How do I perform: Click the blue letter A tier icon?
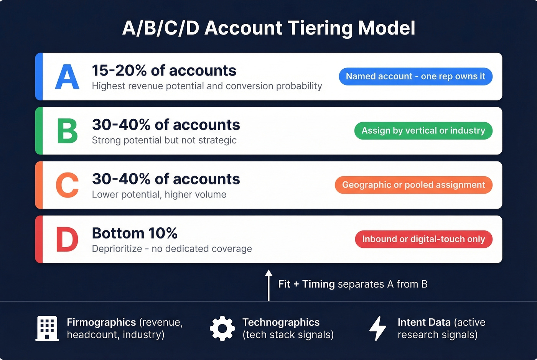pyautogui.click(x=67, y=77)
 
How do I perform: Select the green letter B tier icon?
pyautogui.click(x=67, y=131)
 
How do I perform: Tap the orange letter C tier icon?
pyautogui.click(x=67, y=185)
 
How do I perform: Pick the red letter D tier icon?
pyautogui.click(x=67, y=239)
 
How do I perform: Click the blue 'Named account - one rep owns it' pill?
pyautogui.click(x=415, y=76)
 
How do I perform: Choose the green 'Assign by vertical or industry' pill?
pyautogui.click(x=423, y=131)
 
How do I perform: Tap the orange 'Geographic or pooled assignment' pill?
pyautogui.click(x=413, y=185)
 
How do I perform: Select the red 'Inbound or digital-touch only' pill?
pyautogui.click(x=423, y=239)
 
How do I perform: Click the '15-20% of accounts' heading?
pyautogui.click(x=164, y=71)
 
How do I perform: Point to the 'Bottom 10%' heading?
pyautogui.click(x=135, y=233)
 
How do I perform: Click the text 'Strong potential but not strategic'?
pyautogui.click(x=164, y=140)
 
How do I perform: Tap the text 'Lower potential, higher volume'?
pyautogui.click(x=159, y=194)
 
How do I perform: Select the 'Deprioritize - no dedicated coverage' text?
pyautogui.click(x=172, y=249)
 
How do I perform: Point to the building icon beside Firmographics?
pyautogui.click(x=47, y=328)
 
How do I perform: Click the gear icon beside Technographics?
pyautogui.click(x=222, y=329)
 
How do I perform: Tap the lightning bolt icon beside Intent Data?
pyautogui.click(x=377, y=329)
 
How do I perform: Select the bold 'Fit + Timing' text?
pyautogui.click(x=306, y=284)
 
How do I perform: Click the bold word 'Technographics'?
pyautogui.click(x=281, y=322)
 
